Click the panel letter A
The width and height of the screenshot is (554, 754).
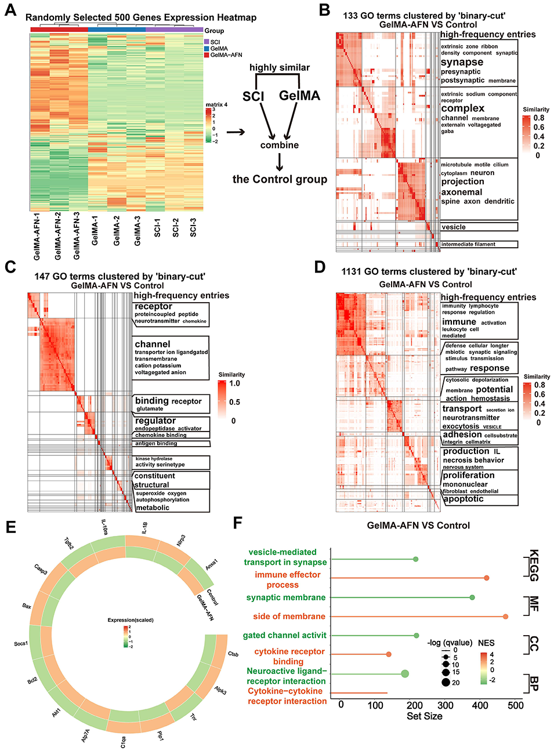pyautogui.click(x=10, y=10)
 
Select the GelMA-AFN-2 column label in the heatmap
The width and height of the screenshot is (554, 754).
pyautogui.click(x=57, y=235)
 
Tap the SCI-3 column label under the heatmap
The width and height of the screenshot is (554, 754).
pyautogui.click(x=193, y=227)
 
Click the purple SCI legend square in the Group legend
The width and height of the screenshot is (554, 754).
pyautogui.click(x=207, y=42)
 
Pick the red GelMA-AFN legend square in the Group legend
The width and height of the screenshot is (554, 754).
pyautogui.click(x=207, y=55)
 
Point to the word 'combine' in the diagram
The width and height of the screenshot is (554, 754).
pyautogui.click(x=280, y=145)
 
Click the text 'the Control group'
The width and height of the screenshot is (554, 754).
pyautogui.click(x=280, y=179)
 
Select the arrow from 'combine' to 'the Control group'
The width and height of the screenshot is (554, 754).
pyautogui.click(x=280, y=162)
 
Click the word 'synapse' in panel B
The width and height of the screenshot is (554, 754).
pyautogui.click(x=462, y=62)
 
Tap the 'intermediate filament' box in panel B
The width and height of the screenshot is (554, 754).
pyautogui.click(x=468, y=244)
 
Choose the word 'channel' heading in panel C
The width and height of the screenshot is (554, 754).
pyautogui.click(x=153, y=344)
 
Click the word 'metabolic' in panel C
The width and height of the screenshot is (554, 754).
pyautogui.click(x=153, y=507)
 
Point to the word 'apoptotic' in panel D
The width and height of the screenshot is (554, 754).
pyautogui.click(x=464, y=499)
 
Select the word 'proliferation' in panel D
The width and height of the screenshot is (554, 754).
pyautogui.click(x=469, y=475)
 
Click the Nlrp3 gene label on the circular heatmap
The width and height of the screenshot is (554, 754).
pyautogui.click(x=181, y=540)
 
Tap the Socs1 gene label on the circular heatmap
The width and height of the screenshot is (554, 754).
pyautogui.click(x=21, y=644)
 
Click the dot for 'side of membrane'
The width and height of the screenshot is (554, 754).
pyautogui.click(x=506, y=617)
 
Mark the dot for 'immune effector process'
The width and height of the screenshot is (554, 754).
pyautogui.click(x=487, y=578)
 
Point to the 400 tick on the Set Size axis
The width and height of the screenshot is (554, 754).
pyautogui.click(x=480, y=705)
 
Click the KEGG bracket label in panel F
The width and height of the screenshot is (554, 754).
pyautogui.click(x=534, y=565)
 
